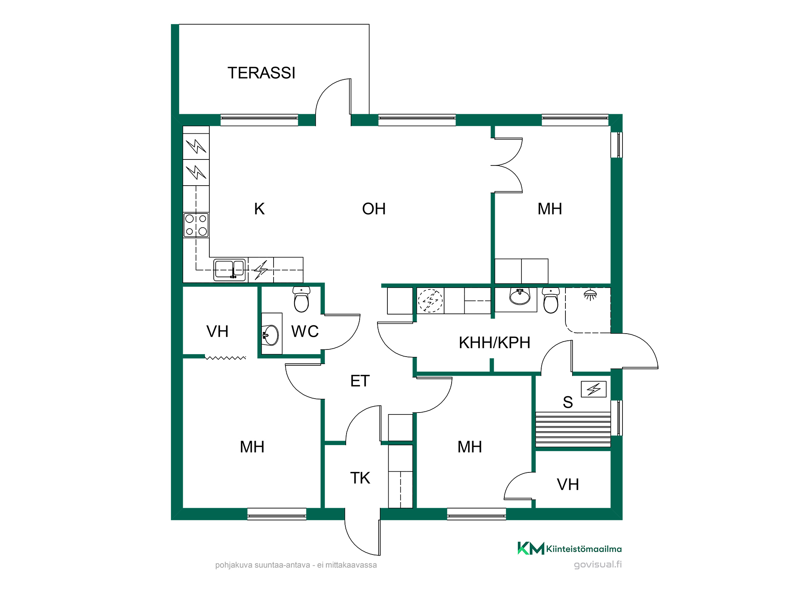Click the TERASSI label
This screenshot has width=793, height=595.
(x=261, y=73)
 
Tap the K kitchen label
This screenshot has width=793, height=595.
(x=259, y=209)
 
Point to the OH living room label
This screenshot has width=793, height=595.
(x=374, y=209)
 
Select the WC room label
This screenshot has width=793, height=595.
(x=305, y=332)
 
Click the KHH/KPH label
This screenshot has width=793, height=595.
(x=494, y=343)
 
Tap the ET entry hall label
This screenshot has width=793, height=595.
(x=360, y=381)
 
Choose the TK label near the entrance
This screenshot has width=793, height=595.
(x=360, y=478)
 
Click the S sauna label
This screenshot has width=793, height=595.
(x=568, y=402)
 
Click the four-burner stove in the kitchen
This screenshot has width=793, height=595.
(x=196, y=225)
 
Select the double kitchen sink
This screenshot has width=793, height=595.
(x=230, y=270)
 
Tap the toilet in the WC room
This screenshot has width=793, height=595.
(x=301, y=299)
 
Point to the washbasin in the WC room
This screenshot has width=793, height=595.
(x=271, y=335)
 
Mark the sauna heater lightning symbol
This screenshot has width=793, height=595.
(x=594, y=389)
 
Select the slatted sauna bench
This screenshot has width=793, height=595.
(x=573, y=429)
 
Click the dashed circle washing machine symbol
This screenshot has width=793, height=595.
(x=430, y=301)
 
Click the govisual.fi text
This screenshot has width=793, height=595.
(x=598, y=564)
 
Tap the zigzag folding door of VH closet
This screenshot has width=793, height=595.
(x=225, y=358)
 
